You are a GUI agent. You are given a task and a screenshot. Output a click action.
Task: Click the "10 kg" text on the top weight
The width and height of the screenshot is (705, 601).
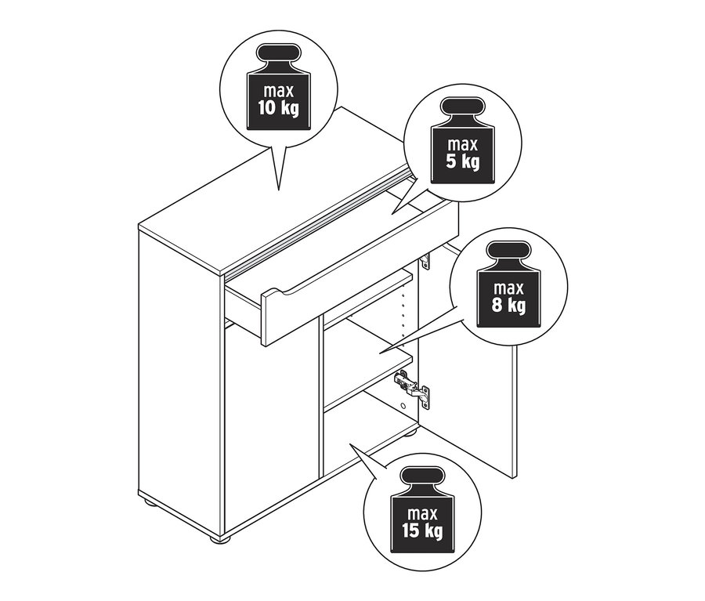pyautogui.click(x=278, y=108)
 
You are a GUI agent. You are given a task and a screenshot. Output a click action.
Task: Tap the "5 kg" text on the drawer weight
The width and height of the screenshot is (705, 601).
pyautogui.click(x=463, y=162)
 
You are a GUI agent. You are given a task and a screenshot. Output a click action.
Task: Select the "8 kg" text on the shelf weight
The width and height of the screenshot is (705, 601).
pyautogui.click(x=508, y=306)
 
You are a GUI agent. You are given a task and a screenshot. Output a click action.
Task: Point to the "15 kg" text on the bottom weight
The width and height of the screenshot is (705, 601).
pyautogui.click(x=422, y=530)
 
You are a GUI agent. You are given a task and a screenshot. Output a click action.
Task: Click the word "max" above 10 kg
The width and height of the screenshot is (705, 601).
pyautogui.click(x=278, y=91)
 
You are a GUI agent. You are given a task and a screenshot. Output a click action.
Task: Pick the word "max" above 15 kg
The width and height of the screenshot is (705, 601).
pyautogui.click(x=422, y=513)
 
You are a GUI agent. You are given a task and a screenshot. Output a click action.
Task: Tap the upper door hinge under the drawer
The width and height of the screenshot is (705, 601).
pyautogui.click(x=425, y=260)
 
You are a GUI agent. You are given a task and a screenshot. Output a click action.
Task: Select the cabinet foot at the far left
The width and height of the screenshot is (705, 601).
pyautogui.click(x=150, y=502)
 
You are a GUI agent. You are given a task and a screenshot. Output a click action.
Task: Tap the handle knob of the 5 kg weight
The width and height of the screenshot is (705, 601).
pyautogui.click(x=463, y=106)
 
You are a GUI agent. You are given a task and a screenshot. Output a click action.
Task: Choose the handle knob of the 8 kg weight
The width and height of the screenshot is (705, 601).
pyautogui.click(x=508, y=250)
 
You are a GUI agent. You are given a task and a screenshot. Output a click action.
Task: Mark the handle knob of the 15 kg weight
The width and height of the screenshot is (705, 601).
pyautogui.click(x=423, y=475)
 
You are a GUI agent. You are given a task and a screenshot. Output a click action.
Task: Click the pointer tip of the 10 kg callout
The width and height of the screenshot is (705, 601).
pyautogui.click(x=279, y=190)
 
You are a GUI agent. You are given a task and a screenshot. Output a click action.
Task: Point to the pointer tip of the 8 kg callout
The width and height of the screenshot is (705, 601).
pyautogui.click(x=379, y=353)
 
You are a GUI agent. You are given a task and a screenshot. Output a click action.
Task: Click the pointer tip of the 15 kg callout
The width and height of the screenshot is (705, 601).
pyautogui.click(x=349, y=444)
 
